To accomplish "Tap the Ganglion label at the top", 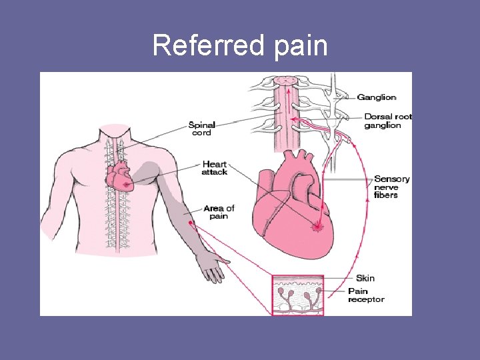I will pos(377,97).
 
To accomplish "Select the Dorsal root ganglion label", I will pos(387,121).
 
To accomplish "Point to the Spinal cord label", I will pos(201,128).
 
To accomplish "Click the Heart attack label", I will pos(215,168).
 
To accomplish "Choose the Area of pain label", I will pos(219,212).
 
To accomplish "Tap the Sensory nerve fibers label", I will pos(391,187).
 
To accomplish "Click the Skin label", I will pos(365,278).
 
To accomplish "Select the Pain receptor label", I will pos(366,295).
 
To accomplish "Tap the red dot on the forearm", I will pos(191,222).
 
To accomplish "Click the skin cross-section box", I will pos(297,295).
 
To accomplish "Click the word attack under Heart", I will pos(215,172).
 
